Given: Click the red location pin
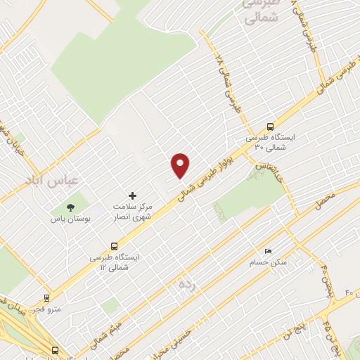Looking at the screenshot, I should click(x=181, y=165).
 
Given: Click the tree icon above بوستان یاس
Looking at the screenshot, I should click(x=70, y=207).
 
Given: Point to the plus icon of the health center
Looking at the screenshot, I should click(x=131, y=195).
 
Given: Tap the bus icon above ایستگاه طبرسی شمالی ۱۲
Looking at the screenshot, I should click(x=114, y=246).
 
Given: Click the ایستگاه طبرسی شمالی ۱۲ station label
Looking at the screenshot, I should click(x=120, y=262).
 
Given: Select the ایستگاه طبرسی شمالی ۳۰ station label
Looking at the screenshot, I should click(x=266, y=143).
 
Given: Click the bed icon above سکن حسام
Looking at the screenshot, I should click(x=267, y=251).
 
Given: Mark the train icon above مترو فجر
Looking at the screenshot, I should click(x=46, y=298).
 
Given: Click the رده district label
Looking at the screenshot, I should click(x=186, y=284).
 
